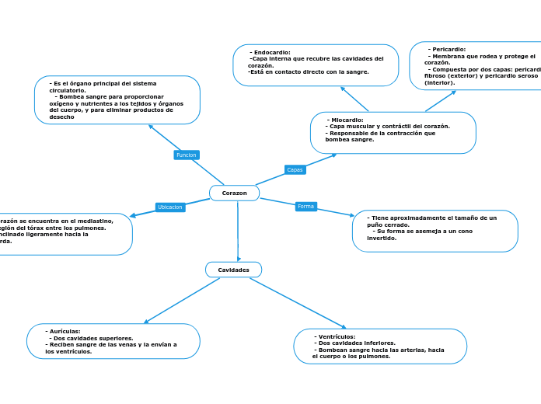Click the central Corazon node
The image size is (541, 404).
(234, 193)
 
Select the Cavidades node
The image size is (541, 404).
(233, 270)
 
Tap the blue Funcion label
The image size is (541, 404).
(187, 155)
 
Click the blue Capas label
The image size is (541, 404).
(295, 169)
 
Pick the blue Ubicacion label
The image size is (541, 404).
(170, 207)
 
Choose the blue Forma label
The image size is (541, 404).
(306, 207)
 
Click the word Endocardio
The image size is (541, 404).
(271, 52)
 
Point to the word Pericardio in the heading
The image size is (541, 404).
(449, 49)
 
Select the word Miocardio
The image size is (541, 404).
(347, 120)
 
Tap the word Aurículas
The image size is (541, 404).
(65, 331)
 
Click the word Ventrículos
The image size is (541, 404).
(337, 336)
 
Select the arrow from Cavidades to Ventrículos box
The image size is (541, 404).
(297, 304)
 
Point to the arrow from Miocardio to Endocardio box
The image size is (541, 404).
(354, 99)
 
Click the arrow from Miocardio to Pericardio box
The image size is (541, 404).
(441, 101)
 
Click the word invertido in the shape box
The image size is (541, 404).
(382, 238)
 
